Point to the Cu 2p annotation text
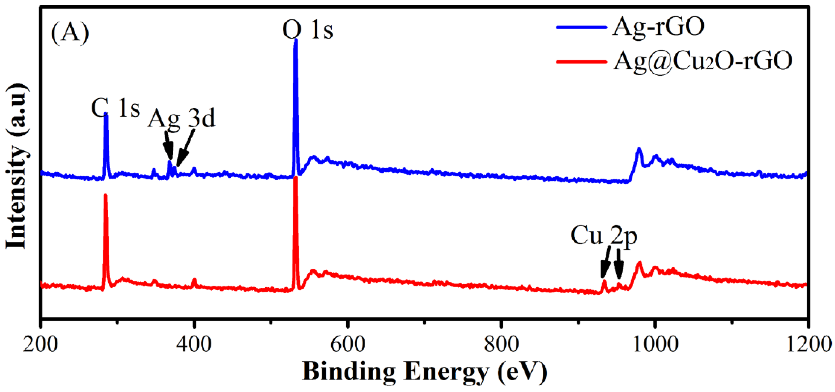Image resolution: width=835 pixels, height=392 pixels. [603, 236]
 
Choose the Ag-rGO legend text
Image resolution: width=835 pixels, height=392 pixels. [658, 27]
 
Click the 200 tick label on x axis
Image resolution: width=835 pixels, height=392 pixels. [41, 344]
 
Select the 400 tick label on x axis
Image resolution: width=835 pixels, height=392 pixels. [194, 344]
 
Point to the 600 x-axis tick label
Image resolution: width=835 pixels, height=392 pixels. [348, 344]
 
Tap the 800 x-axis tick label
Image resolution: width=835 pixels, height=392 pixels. [501, 344]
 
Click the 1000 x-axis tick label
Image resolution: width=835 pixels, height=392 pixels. [655, 344]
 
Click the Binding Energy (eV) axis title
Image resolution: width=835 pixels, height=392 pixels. [425, 372]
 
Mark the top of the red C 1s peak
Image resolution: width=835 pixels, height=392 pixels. [105, 195]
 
